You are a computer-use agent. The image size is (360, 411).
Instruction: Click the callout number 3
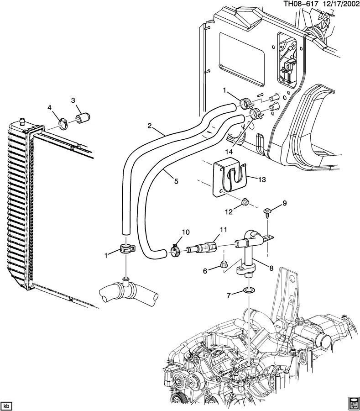(x=73, y=100)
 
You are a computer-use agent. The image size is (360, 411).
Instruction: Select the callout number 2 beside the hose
(x=149, y=126)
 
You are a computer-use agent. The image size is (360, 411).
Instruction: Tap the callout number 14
(x=228, y=151)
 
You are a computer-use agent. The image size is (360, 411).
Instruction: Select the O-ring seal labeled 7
(x=249, y=291)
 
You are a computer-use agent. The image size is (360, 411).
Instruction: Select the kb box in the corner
(x=6, y=405)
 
